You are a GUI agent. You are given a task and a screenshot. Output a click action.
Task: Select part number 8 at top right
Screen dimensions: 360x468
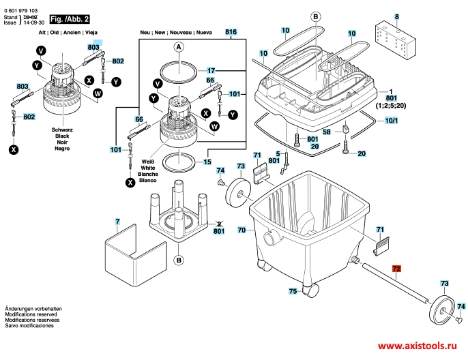(397, 15)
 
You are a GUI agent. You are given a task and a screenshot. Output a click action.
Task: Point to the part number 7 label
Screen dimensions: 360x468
(117, 222)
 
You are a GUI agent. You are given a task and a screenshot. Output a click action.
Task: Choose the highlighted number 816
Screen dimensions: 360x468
(231, 33)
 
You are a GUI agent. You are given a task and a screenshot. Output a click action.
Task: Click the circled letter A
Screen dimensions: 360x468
(179, 47)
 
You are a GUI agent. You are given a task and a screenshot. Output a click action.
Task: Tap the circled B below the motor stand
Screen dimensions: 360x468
(178, 260)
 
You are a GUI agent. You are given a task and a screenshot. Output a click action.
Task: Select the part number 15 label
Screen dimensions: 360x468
(208, 162)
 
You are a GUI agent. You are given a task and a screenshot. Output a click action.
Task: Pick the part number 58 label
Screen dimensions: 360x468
(327, 132)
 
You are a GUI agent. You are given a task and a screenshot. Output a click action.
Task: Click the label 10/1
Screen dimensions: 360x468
(391, 121)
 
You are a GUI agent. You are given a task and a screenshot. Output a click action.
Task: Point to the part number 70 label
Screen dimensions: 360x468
(242, 230)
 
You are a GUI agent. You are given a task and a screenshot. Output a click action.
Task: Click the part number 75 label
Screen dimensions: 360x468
(293, 291)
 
